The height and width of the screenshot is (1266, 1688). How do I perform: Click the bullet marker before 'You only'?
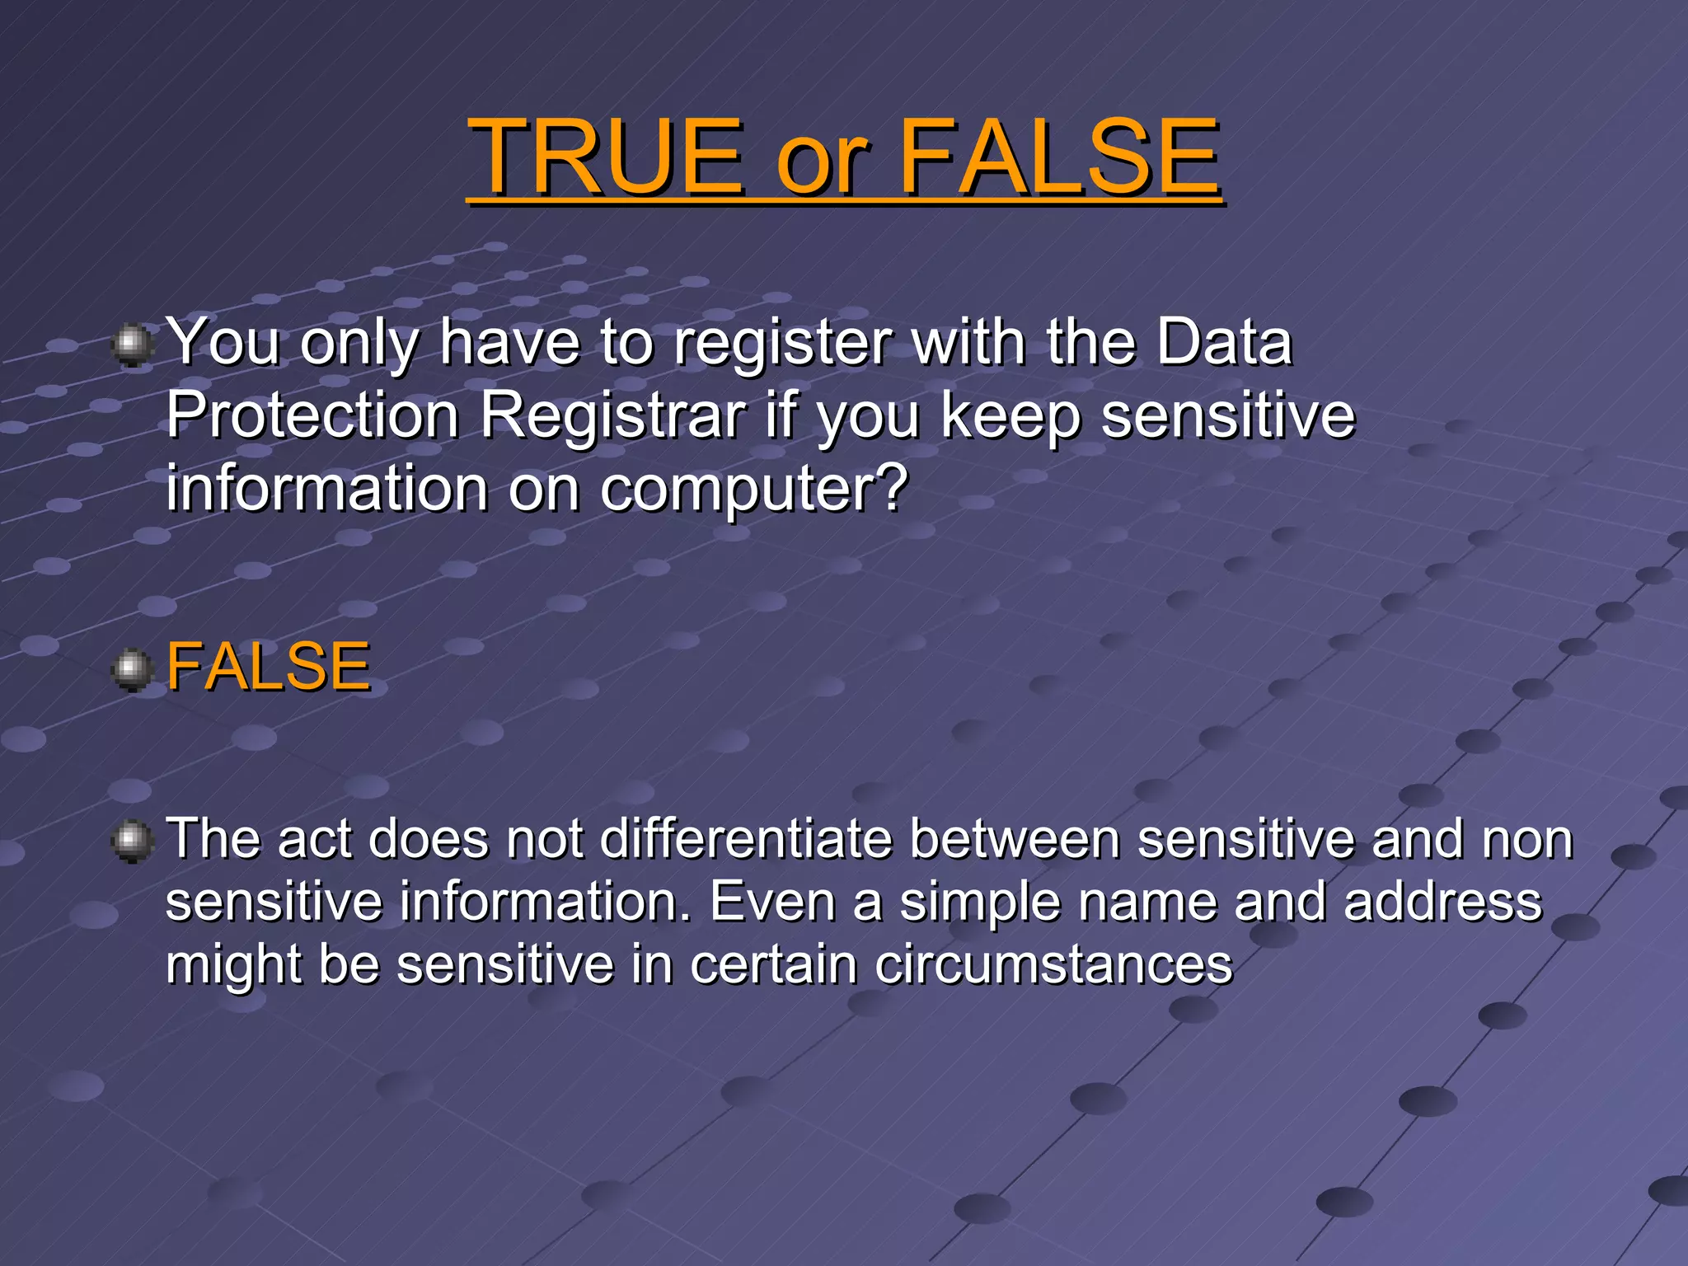[132, 345]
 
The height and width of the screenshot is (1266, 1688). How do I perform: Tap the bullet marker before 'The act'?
[132, 842]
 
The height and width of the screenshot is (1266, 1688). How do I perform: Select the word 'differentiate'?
[746, 839]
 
